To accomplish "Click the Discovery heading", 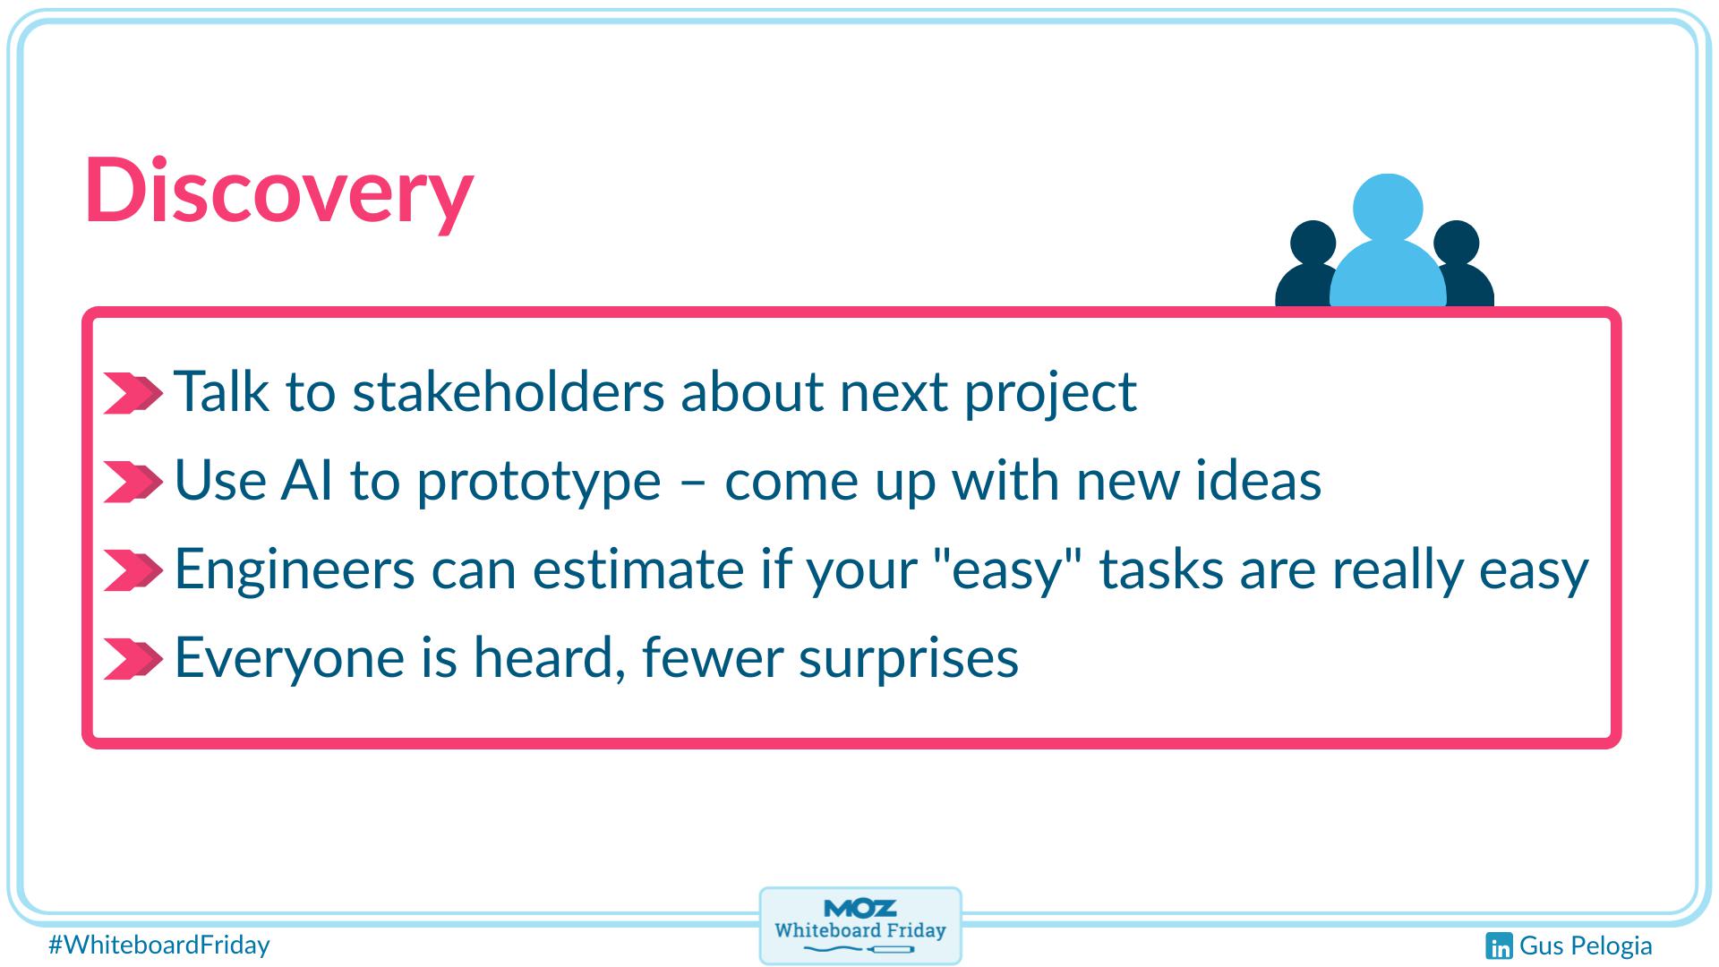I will coord(278,191).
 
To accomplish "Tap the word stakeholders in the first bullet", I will coord(508,392).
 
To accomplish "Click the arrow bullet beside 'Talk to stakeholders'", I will coord(133,393).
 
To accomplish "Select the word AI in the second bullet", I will coord(307,481).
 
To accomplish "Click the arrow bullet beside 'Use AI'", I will coord(133,482).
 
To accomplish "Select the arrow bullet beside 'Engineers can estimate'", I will coord(133,570).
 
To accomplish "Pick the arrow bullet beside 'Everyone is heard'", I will coord(133,659).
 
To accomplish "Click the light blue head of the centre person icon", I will coord(1387,207).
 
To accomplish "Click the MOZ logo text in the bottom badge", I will coord(859,908).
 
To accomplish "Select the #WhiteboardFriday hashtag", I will coord(159,945).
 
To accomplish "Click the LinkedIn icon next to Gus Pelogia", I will coord(1499,946).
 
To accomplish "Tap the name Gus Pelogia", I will coord(1586,946).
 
